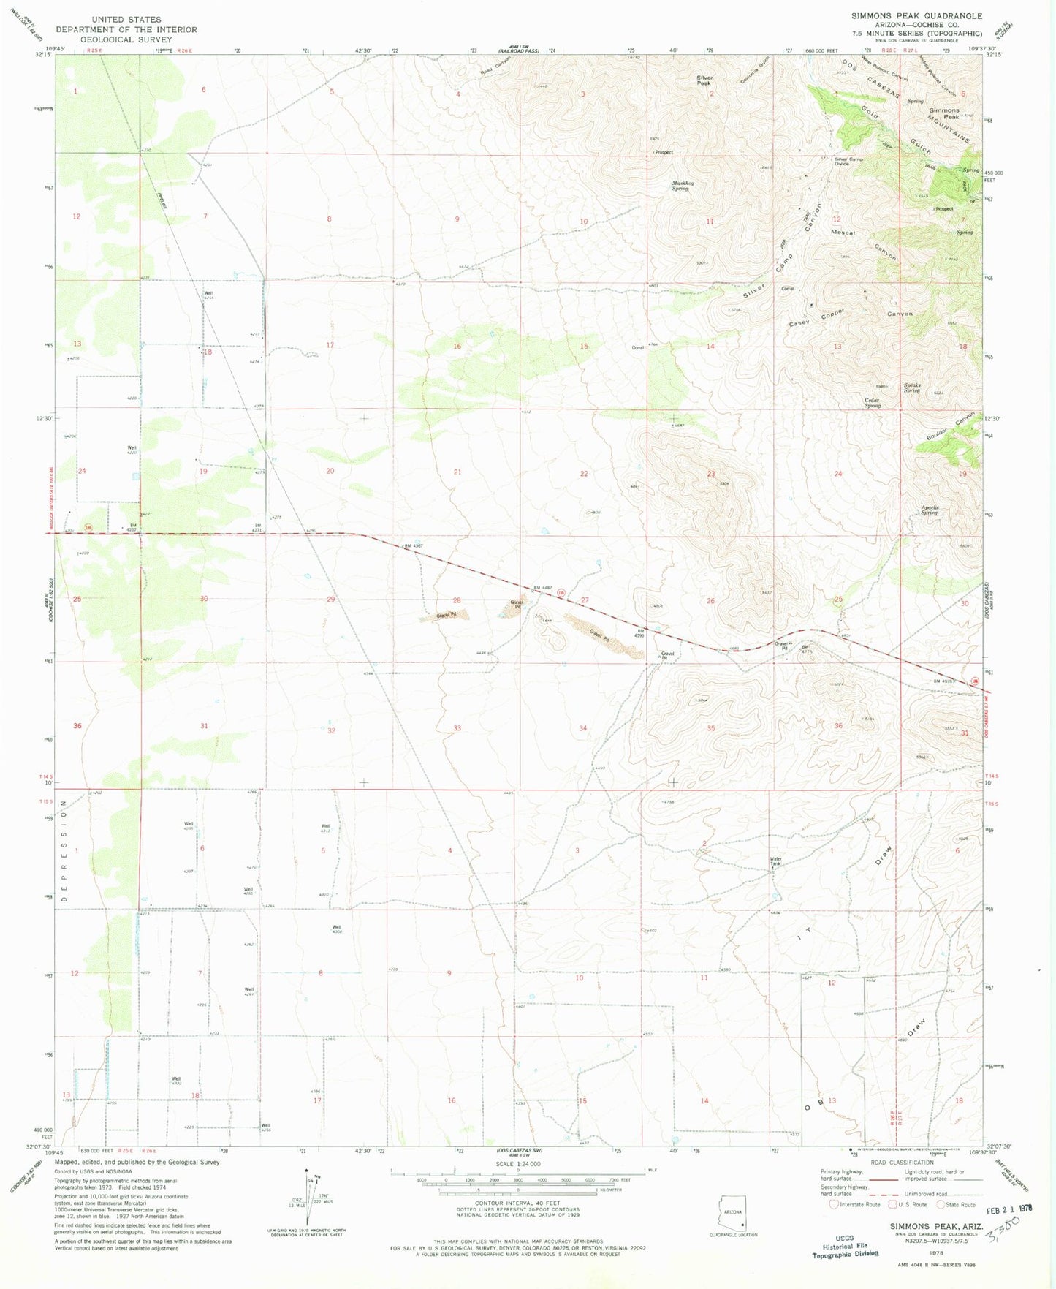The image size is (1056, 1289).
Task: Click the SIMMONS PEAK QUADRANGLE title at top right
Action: pos(916,15)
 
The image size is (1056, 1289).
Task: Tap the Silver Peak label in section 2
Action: pos(704,80)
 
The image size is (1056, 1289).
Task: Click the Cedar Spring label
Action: pos(872,402)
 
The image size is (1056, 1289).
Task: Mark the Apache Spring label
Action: pos(929,510)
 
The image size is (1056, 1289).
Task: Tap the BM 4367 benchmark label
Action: pos(413,546)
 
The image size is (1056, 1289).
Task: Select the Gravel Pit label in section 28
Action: pos(447,616)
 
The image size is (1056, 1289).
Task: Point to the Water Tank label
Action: pos(775,861)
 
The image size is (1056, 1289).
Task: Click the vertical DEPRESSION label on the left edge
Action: pos(64,852)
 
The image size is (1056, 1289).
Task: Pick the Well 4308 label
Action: pos(337,929)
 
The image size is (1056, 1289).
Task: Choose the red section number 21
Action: pos(457,472)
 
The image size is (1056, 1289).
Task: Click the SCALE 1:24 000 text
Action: pos(518,1163)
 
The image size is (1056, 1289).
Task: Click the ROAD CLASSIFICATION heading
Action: pos(901,1162)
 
